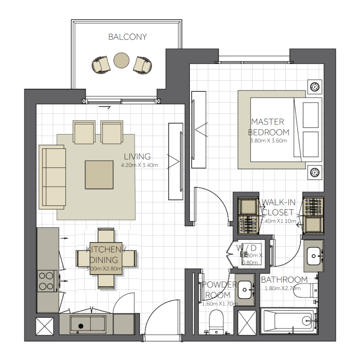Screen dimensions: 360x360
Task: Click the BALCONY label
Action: [x=127, y=37]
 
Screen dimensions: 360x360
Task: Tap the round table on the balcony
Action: [x=121, y=60]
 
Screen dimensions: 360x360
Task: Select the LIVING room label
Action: [x=137, y=157]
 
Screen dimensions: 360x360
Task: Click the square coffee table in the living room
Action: [x=99, y=175]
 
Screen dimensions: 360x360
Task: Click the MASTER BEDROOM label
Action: [x=269, y=127]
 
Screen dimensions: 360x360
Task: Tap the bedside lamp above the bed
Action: [x=315, y=86]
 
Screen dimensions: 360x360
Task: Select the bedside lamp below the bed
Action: [x=315, y=171]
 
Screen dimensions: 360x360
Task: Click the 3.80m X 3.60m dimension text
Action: [x=269, y=140]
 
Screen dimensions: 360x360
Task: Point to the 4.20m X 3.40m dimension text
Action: [x=139, y=165]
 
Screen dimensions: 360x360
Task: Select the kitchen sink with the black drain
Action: [x=88, y=324]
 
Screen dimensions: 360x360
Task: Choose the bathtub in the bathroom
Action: [x=288, y=321]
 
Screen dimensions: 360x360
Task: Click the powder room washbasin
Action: [x=245, y=290]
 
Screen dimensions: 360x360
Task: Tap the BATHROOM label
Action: [x=284, y=280]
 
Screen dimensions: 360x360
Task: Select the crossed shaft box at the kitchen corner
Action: [x=45, y=325]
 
